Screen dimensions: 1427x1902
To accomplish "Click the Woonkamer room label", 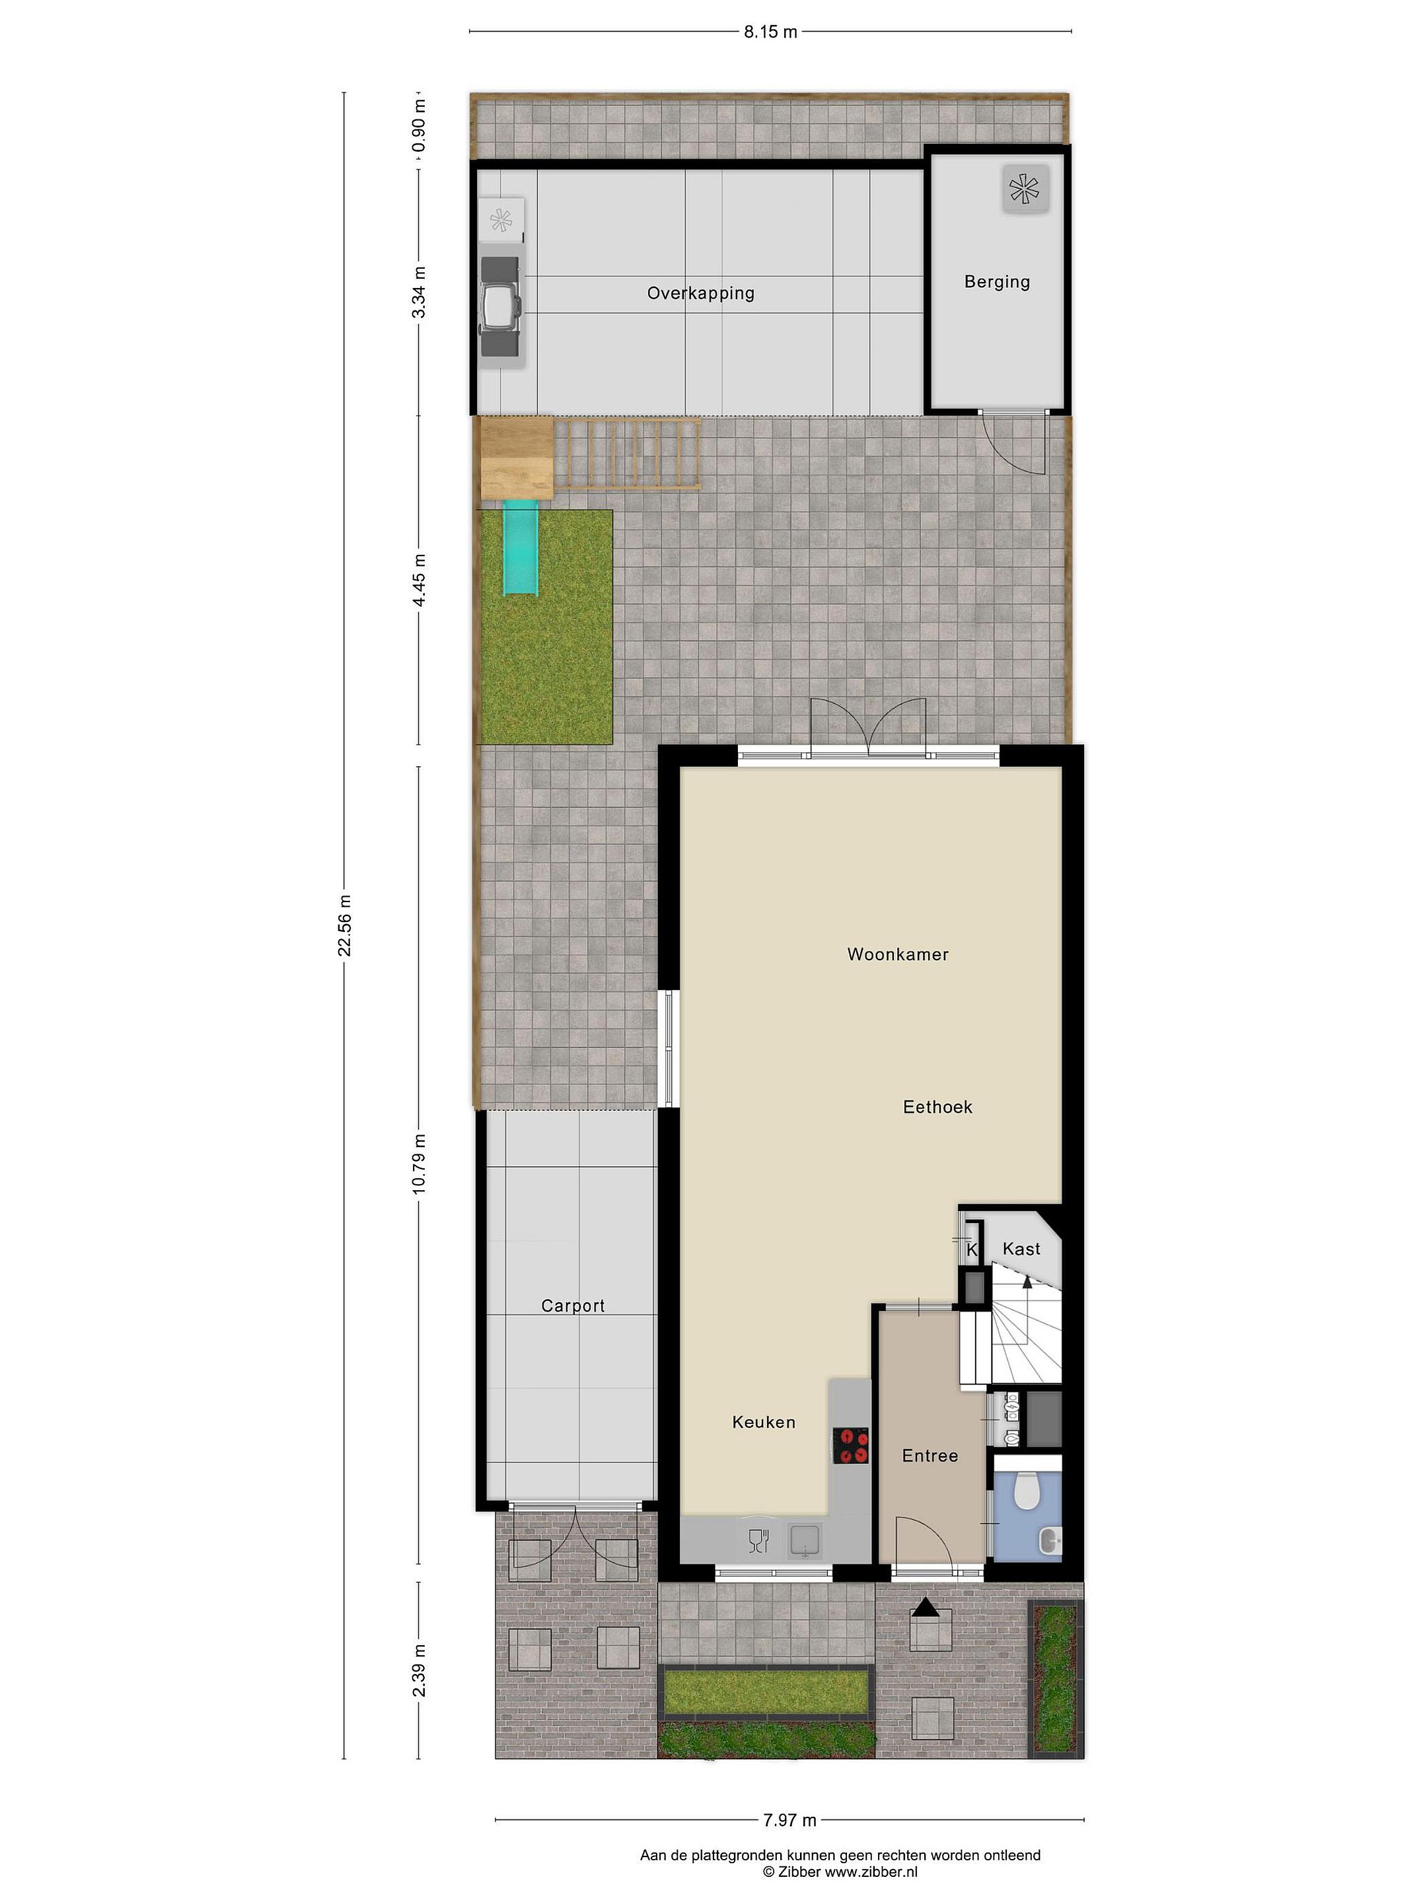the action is [x=897, y=954].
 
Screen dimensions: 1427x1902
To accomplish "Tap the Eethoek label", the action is [x=937, y=1107].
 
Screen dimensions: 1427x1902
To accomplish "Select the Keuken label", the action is [x=763, y=1421].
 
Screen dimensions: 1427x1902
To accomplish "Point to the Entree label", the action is [x=930, y=1455].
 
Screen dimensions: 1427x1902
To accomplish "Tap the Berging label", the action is [x=997, y=281].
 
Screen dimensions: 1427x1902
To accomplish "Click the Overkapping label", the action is [x=700, y=293].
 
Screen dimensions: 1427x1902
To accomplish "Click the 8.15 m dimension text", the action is [x=771, y=32].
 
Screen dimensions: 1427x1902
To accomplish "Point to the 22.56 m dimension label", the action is [x=345, y=925].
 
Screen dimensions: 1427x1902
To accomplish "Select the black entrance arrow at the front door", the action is [x=926, y=1606].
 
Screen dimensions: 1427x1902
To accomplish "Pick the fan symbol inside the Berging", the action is [x=1025, y=188].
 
